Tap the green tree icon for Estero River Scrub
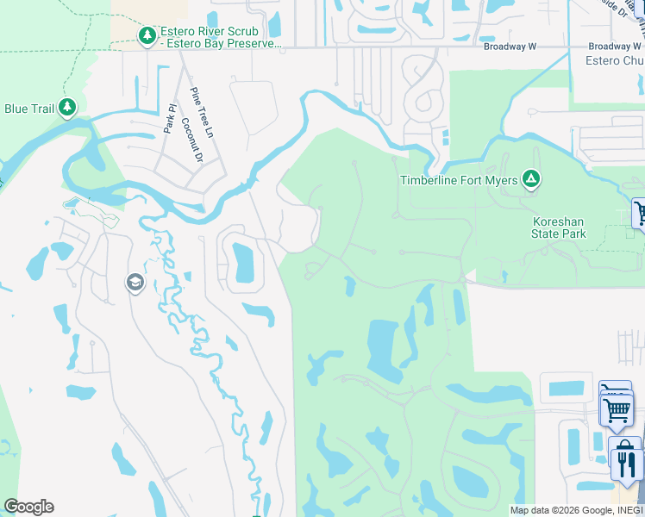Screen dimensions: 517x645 pos(147,35)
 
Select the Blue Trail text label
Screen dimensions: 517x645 pos(29,109)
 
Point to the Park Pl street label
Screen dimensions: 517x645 pos(170,119)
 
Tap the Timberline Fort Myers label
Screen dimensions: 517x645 pos(459,180)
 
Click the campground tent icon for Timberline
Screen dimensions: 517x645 pos(532,179)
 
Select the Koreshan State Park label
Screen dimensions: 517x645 pos(558,227)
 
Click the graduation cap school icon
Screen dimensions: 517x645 pos(135,283)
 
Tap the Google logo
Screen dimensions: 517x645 pos(28,507)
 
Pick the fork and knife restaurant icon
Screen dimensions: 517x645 pos(626,465)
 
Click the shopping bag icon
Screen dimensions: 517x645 pos(623,447)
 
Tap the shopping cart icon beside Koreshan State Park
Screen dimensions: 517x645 pos(640,213)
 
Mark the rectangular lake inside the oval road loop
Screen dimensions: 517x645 pos(243,263)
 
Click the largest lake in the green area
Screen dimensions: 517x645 pos(383,348)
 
